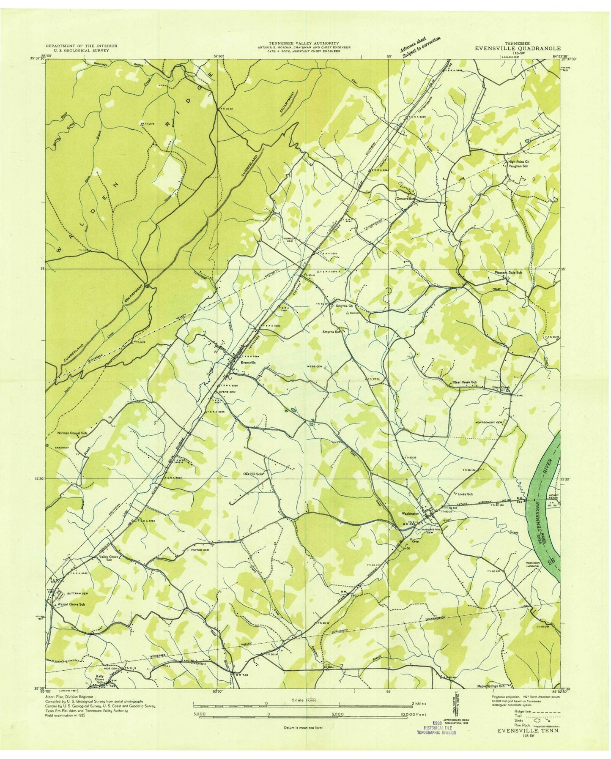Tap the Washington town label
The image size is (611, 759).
(411, 514)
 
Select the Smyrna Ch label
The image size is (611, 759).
(344, 306)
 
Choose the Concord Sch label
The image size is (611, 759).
(405, 198)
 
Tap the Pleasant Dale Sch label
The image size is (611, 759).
(508, 273)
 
